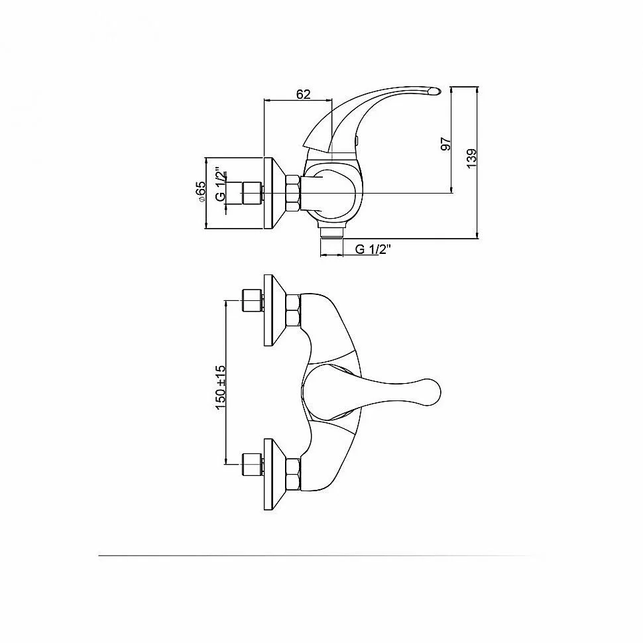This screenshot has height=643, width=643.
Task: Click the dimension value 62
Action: (x=304, y=94)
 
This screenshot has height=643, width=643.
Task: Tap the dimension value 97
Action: (x=445, y=144)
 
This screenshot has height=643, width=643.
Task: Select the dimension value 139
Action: (x=471, y=158)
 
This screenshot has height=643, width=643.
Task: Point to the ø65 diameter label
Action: (x=201, y=191)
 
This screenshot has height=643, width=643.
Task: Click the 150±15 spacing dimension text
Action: (x=221, y=387)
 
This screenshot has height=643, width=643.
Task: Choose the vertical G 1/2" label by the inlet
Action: (x=221, y=184)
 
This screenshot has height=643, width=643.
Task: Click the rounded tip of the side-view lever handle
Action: (x=434, y=91)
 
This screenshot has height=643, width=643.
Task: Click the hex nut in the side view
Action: (x=293, y=193)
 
